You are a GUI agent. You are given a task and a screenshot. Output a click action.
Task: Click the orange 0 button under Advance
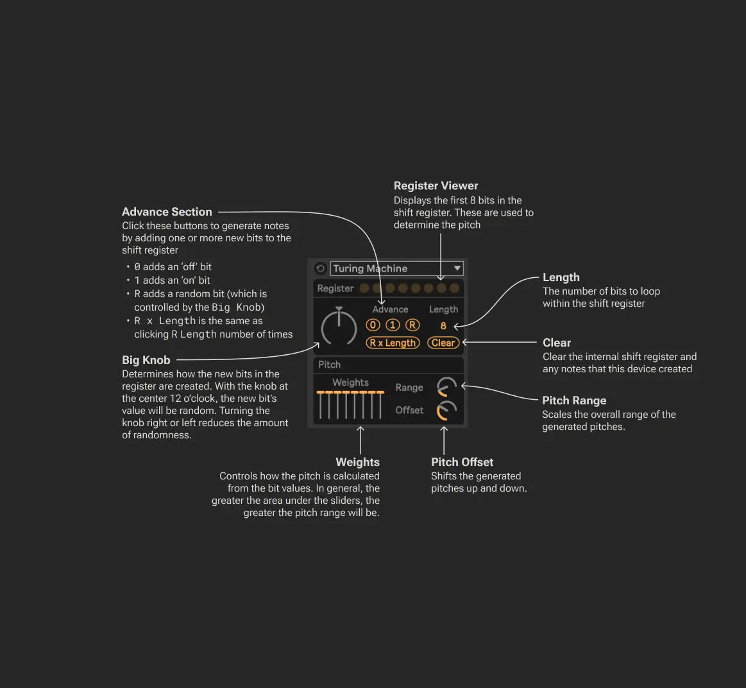(x=373, y=325)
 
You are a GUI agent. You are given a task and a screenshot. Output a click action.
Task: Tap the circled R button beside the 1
(x=412, y=325)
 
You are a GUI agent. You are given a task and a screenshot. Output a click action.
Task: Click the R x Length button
(x=393, y=343)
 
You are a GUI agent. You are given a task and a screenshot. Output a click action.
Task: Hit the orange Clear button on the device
(x=443, y=343)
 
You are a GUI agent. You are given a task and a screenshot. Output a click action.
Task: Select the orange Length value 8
(x=443, y=326)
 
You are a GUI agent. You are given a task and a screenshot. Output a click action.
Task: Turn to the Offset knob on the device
(x=446, y=411)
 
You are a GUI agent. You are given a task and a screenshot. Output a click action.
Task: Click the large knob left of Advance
(x=339, y=328)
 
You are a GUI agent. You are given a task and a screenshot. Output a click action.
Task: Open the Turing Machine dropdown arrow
(x=457, y=268)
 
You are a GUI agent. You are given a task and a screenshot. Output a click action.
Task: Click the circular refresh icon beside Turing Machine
(x=321, y=268)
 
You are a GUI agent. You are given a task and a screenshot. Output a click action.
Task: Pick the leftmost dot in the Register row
(x=364, y=288)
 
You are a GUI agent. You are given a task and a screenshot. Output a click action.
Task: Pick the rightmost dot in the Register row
(x=454, y=288)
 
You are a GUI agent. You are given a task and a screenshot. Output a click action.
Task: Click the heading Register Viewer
(x=436, y=185)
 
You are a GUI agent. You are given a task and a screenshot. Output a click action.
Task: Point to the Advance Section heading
(x=167, y=212)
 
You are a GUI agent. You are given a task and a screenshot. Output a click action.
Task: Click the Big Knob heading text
(x=146, y=360)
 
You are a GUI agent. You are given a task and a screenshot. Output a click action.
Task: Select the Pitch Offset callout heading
(x=462, y=462)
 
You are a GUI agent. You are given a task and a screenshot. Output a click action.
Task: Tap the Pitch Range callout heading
(x=574, y=400)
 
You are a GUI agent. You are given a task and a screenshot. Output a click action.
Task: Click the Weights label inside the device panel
(x=350, y=383)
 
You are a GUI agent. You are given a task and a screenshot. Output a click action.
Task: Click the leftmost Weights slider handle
(x=320, y=392)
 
